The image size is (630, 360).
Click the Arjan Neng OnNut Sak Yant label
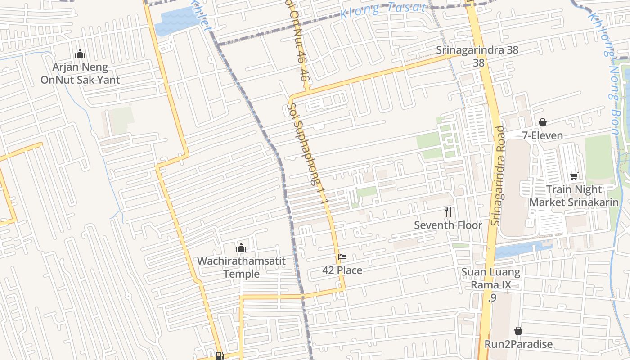click(80, 74)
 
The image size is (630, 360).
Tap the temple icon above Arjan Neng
click(80, 54)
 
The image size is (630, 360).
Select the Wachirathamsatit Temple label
click(241, 267)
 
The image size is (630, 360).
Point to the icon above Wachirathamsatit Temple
click(241, 247)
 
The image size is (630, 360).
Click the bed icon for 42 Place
click(342, 257)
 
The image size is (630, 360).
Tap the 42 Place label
click(342, 270)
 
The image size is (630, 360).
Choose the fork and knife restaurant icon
click(448, 212)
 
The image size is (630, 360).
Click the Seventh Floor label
click(448, 225)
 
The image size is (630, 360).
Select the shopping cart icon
click(574, 176)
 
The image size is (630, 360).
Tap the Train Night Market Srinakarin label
click(574, 196)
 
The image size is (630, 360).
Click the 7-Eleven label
click(542, 135)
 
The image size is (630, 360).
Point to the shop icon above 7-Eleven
click(543, 122)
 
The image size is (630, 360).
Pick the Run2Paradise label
click(518, 344)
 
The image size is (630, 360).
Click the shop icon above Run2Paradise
click(518, 331)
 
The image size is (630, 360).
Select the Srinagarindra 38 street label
click(477, 50)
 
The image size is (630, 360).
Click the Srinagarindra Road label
click(499, 175)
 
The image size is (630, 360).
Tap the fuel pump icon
click(220, 355)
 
